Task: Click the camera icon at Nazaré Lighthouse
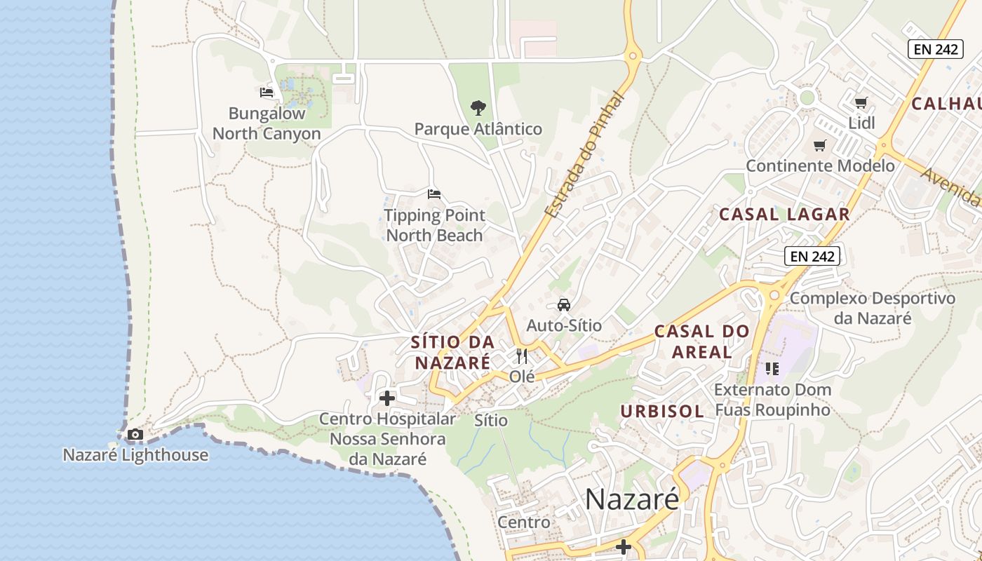coord(135,435)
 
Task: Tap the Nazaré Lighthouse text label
coord(135,455)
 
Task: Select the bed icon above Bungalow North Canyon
coord(267,92)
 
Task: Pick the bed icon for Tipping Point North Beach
coord(434,194)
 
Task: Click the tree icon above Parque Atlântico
coord(478,108)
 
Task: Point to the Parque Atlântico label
coord(478,129)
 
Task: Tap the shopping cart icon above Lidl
coord(861,102)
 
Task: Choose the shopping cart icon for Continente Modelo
coord(819,145)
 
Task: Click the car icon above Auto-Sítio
coord(563,304)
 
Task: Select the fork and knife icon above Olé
coord(521,356)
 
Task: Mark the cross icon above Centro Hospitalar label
coord(386,398)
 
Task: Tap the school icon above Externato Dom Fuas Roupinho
coord(772,368)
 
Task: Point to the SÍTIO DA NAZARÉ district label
coord(452,352)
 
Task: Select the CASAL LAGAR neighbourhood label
coord(784,215)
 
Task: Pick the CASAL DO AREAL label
coord(701,341)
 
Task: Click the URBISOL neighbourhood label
coord(662,412)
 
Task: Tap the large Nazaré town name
coord(632,499)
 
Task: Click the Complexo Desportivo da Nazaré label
coord(873,308)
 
